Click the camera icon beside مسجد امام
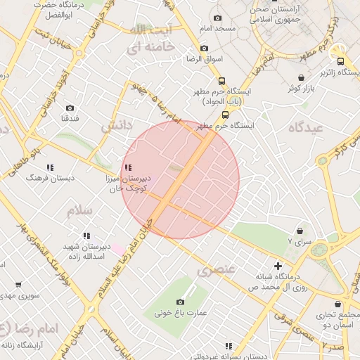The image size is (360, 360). (x=217, y=18)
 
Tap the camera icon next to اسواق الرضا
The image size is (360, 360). (x=204, y=49)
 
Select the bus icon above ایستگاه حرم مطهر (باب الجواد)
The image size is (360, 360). (x=222, y=81)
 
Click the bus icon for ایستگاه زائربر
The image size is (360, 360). (x=341, y=62)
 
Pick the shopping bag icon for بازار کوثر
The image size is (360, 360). (x=301, y=78)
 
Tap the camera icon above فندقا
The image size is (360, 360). (x=70, y=108)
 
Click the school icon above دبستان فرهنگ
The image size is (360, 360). (x=50, y=167)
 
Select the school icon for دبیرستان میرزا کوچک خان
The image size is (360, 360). (x=127, y=167)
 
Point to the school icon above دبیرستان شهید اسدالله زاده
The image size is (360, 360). (x=86, y=236)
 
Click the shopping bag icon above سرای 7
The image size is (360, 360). (x=300, y=231)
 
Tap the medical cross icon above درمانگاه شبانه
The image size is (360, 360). (x=278, y=266)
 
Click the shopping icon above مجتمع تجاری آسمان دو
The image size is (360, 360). (x=340, y=305)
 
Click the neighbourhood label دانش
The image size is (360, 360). (x=117, y=126)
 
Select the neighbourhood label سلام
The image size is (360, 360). (x=80, y=210)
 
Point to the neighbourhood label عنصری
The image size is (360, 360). (x=214, y=269)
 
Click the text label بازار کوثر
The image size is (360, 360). (x=300, y=89)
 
